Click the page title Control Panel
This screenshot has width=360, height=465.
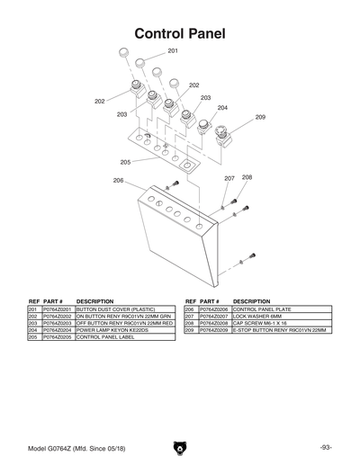[x=179, y=33]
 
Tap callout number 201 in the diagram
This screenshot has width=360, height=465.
[x=173, y=51]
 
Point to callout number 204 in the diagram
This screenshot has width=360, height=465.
[x=222, y=107]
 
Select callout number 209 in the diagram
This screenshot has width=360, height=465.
[x=260, y=117]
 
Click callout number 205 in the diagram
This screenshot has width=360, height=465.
[x=125, y=162]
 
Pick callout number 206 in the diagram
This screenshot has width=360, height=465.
[x=118, y=181]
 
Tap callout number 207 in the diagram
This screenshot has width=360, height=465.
[x=229, y=178]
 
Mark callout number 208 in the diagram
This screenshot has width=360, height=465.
[x=247, y=177]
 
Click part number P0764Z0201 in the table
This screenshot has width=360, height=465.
[x=58, y=309]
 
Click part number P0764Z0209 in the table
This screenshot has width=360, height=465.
[x=213, y=330]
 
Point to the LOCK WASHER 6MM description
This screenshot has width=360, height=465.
[x=256, y=316]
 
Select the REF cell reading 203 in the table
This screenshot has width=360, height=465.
[x=33, y=323]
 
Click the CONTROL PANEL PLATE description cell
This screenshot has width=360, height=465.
[x=262, y=309]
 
